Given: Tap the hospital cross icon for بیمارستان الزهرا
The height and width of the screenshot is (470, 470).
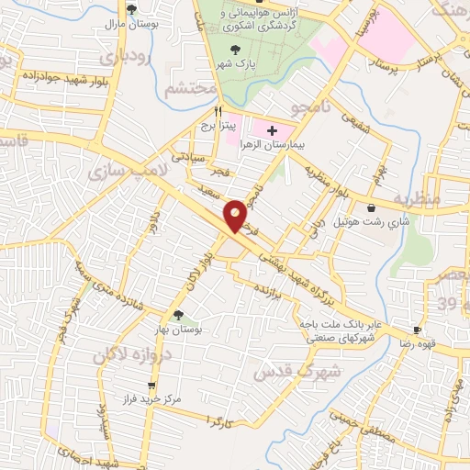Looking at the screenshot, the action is [272, 131].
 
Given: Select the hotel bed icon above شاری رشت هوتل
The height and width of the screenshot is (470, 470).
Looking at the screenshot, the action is [370, 207].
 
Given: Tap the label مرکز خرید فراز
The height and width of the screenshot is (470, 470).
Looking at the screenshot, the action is [151, 399].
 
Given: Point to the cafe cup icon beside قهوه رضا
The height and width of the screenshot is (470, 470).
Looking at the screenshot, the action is [418, 330].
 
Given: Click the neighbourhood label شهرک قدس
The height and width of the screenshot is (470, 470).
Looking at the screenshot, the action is [334, 371].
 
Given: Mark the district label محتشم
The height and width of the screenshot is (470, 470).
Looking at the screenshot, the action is [191, 91].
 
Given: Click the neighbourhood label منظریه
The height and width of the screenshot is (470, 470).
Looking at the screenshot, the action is [417, 198].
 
